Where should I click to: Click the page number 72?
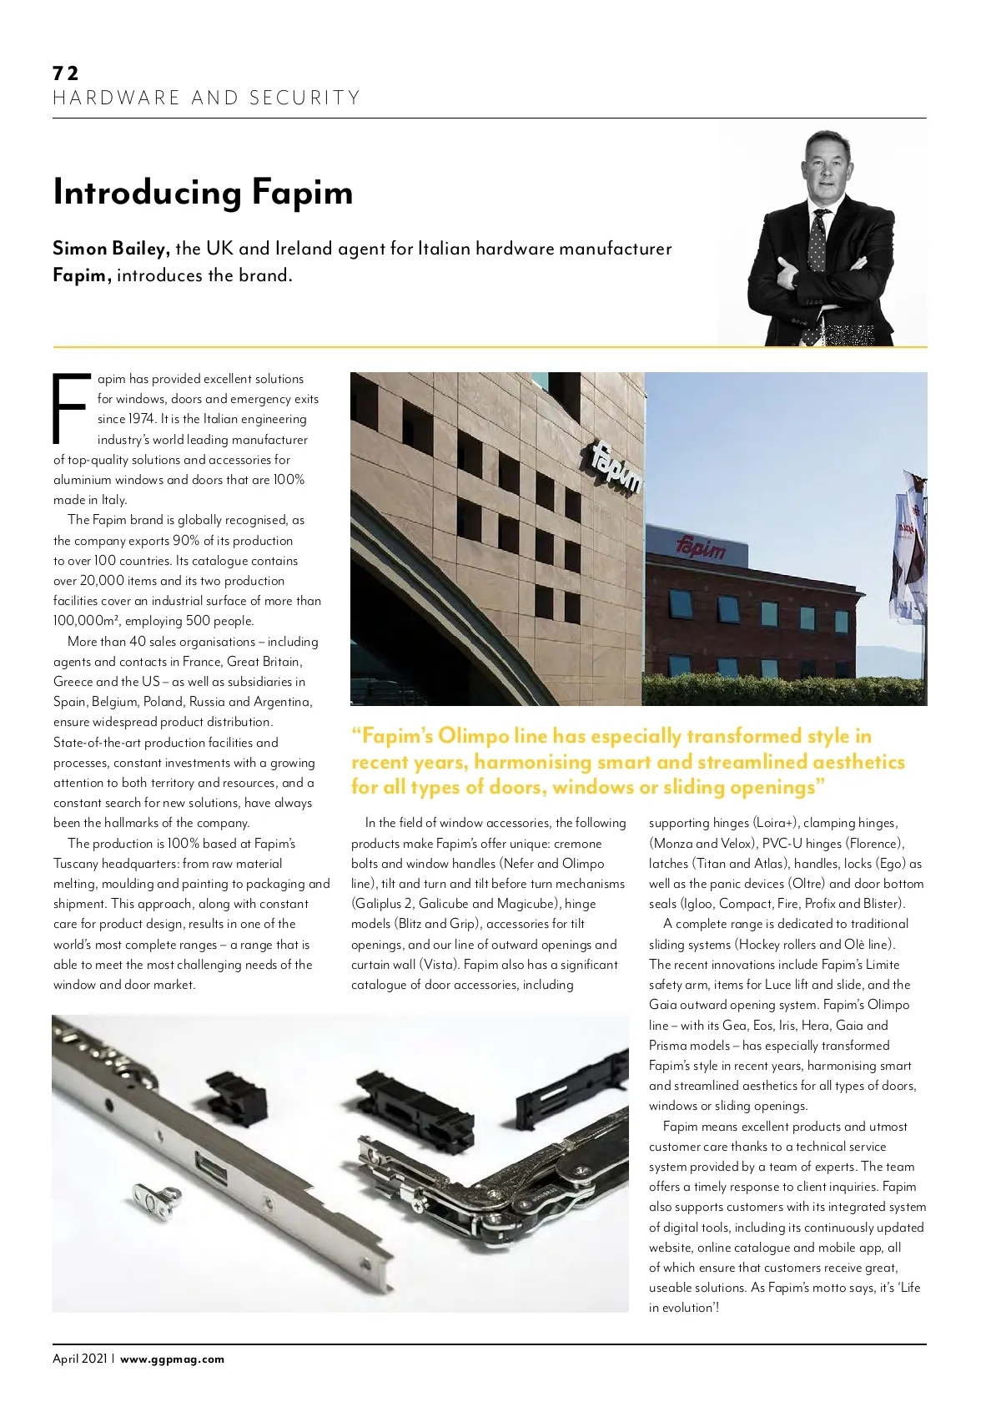coord(65,73)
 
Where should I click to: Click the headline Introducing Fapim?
coord(203,192)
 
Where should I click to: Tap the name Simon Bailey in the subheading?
coord(111,249)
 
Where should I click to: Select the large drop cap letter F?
coord(70,408)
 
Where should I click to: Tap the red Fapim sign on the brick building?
coord(701,548)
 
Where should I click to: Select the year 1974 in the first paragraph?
coord(141,419)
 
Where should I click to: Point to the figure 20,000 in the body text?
coord(102,581)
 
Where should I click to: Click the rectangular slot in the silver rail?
coord(210,1167)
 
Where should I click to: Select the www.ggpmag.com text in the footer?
coord(172,1359)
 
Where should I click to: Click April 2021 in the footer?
coord(80,1359)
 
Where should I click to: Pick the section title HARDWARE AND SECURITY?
coord(207,98)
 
